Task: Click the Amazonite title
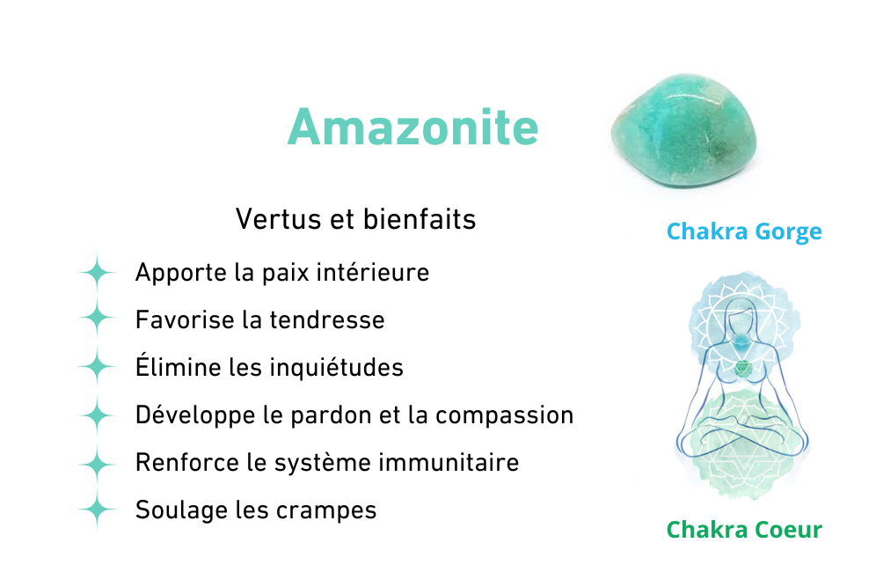(x=412, y=128)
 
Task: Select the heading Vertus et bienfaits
(x=355, y=219)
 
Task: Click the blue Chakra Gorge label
(x=744, y=231)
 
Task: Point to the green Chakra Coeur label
(x=744, y=530)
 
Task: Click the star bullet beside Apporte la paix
(x=97, y=273)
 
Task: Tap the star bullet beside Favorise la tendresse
(x=97, y=318)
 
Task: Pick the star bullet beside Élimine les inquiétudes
(x=97, y=366)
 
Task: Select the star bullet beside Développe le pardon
(x=97, y=415)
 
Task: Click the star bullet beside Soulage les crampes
(x=97, y=510)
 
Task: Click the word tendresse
(x=327, y=320)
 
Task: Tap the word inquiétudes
(x=337, y=368)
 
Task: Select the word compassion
(x=505, y=416)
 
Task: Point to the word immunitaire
(x=449, y=463)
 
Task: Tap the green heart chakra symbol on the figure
(x=743, y=369)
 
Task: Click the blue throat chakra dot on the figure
(x=742, y=341)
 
